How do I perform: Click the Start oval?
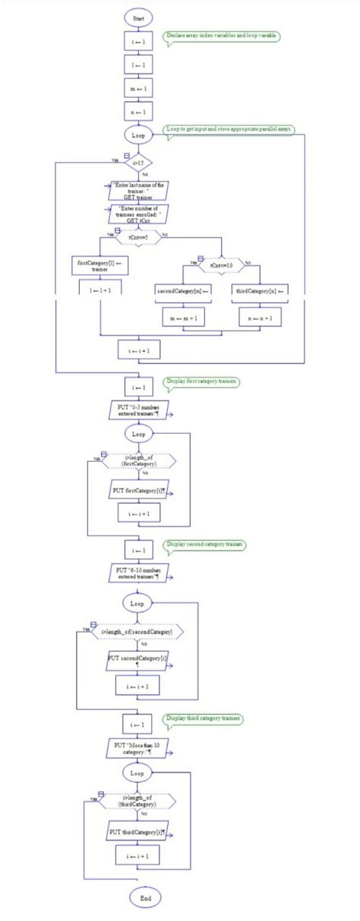(138, 17)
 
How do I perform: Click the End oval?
(145, 897)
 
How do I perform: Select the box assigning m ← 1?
(138, 88)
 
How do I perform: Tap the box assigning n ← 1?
(138, 112)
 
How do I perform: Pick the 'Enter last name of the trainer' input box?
(137, 189)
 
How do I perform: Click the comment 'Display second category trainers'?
(206, 545)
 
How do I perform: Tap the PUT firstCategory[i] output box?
(139, 491)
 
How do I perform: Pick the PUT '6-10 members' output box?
(138, 572)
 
